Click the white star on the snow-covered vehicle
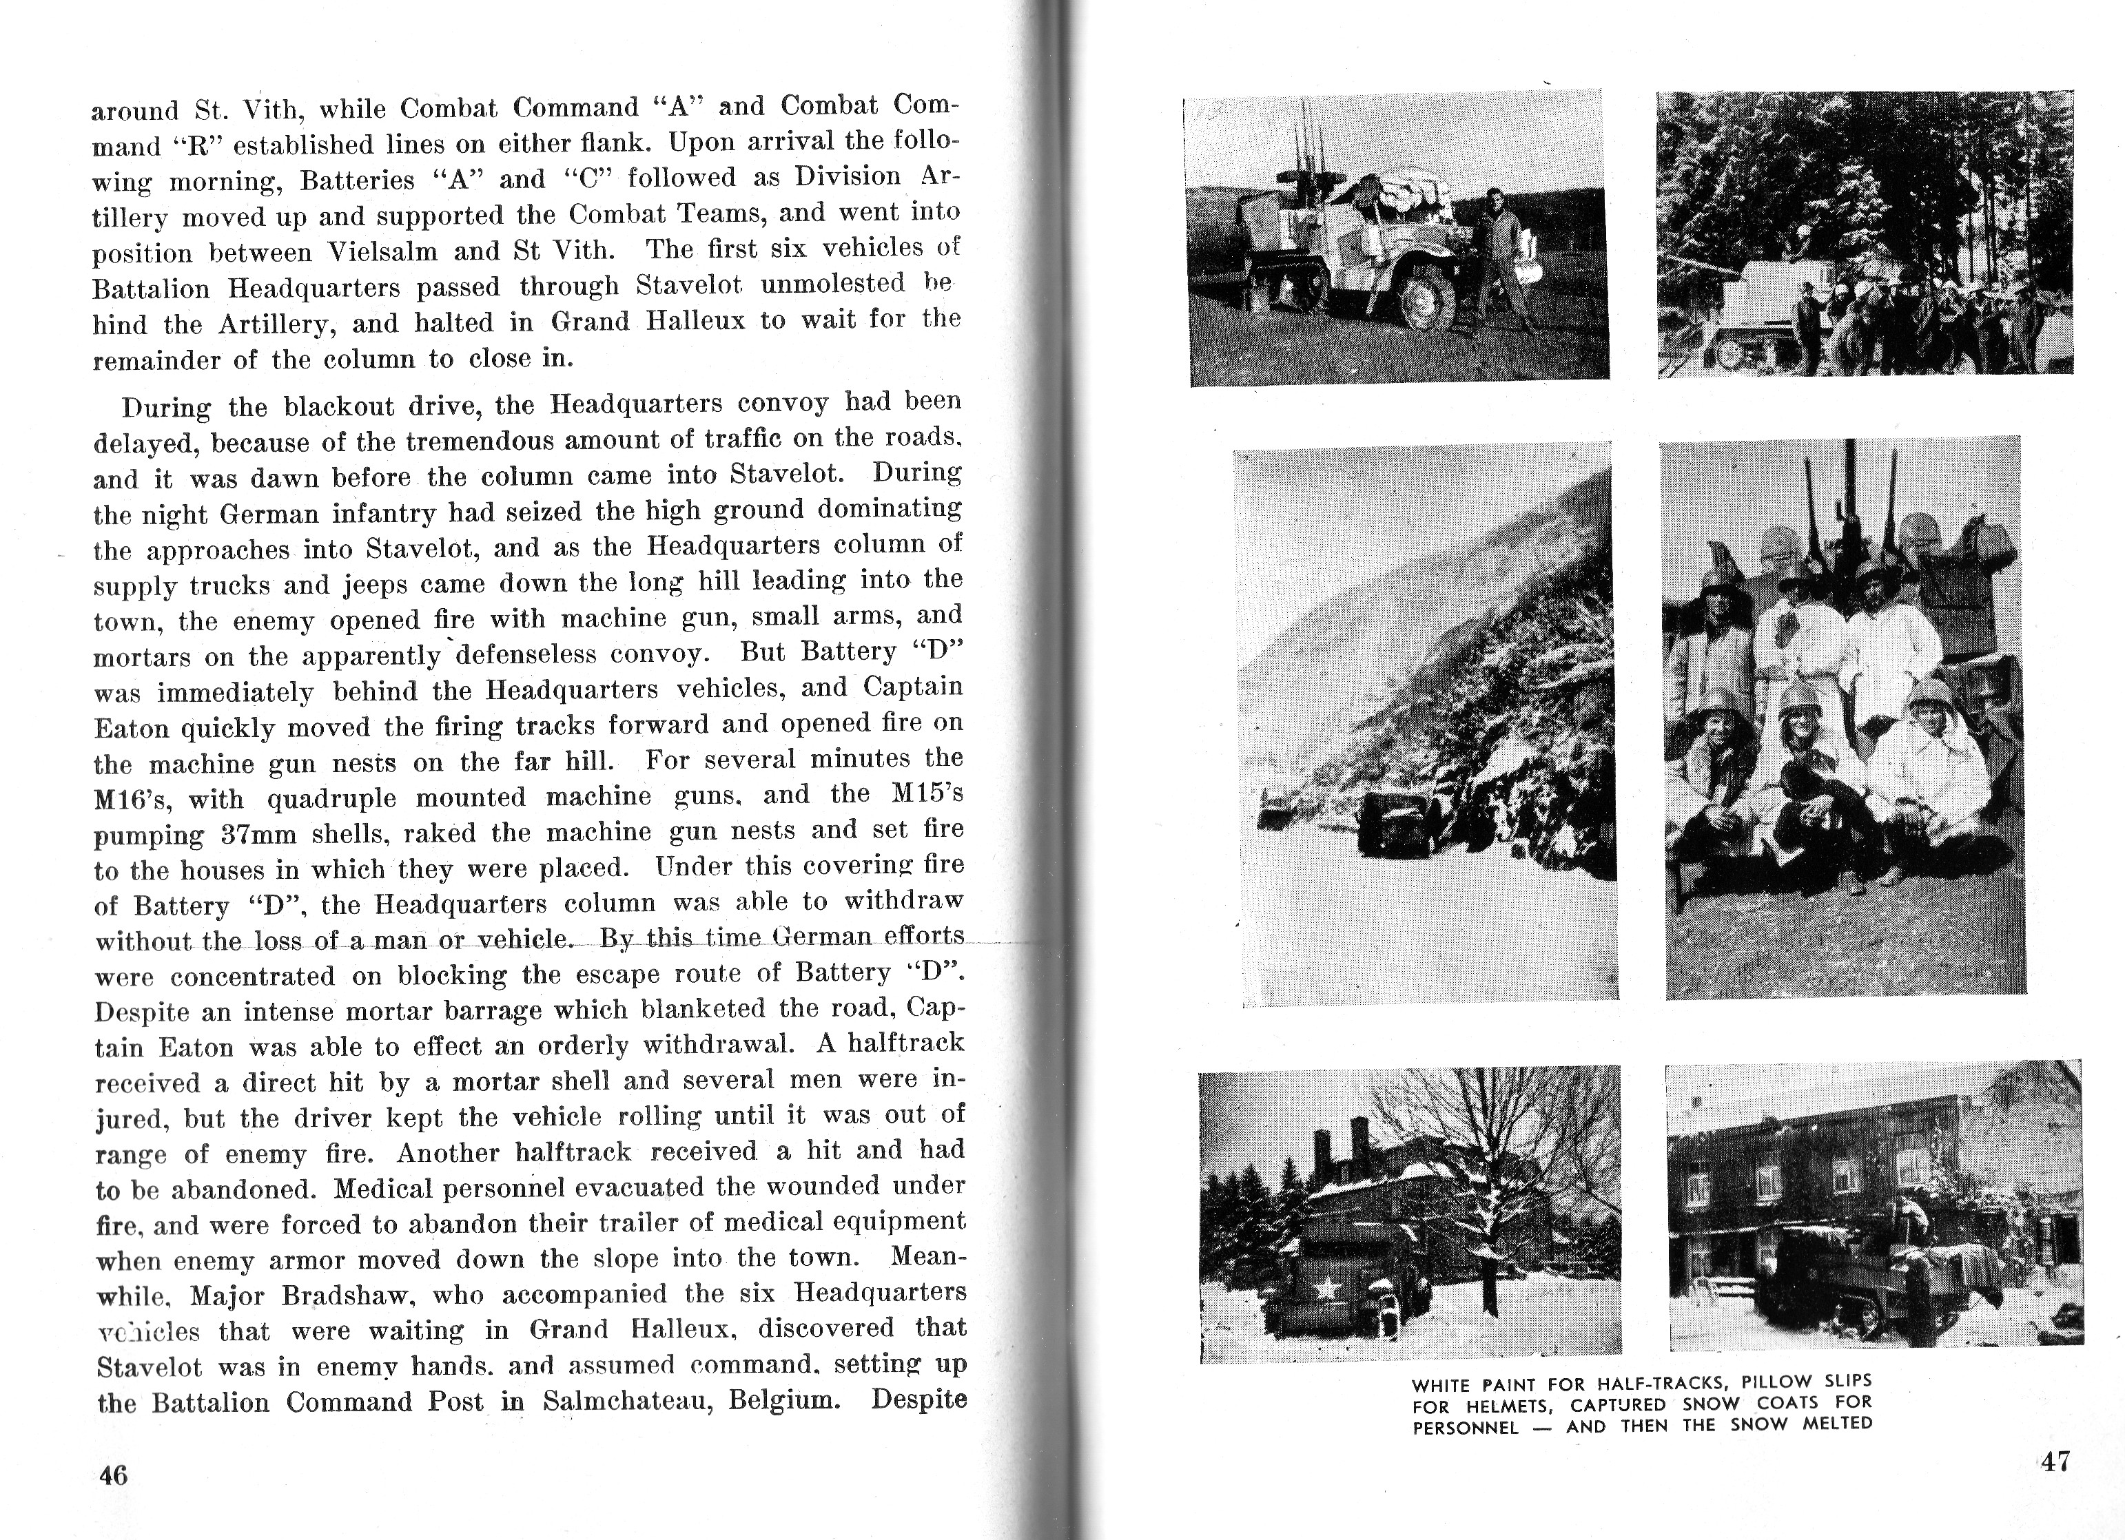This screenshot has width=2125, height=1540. [1323, 1291]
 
